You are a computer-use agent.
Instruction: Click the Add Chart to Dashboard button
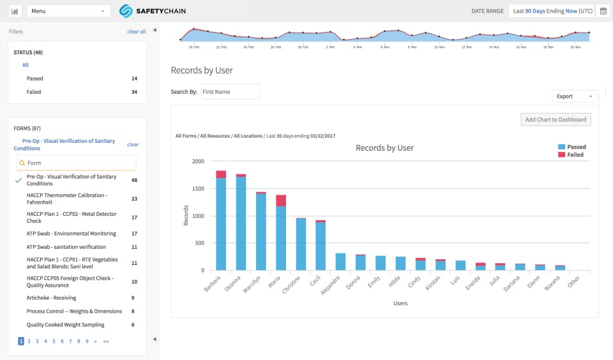[556, 119]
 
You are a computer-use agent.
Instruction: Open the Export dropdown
[575, 96]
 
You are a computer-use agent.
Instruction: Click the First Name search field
[230, 92]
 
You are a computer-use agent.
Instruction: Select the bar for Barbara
[221, 223]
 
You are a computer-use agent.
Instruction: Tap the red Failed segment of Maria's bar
[281, 200]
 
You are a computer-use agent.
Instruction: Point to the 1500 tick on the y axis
[197, 189]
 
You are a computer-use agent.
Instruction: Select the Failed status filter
[34, 92]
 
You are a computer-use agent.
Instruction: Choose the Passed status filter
[35, 79]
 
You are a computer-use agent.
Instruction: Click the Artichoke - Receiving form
[51, 298]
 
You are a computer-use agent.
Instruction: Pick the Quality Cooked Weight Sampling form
[66, 325]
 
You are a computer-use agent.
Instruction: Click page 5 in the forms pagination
[54, 341]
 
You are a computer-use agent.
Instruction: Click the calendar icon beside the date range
[602, 11]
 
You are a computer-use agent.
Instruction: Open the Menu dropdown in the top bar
[68, 11]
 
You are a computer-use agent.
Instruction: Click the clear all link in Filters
[136, 31]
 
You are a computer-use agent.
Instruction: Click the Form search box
[77, 163]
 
